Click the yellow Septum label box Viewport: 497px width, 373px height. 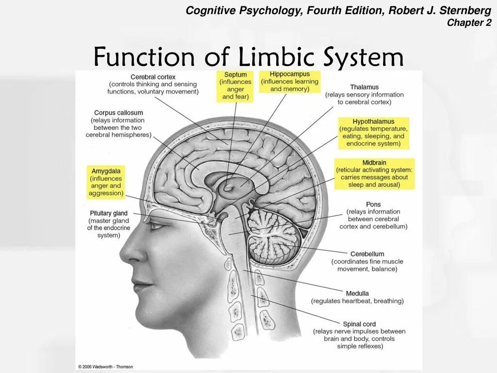(x=235, y=86)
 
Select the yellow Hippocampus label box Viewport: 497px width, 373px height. (x=290, y=82)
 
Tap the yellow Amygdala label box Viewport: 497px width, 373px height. (x=105, y=182)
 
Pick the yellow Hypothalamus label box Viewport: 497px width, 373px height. (x=374, y=133)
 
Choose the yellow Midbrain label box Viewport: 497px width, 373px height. (x=374, y=173)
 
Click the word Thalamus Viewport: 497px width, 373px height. (x=364, y=87)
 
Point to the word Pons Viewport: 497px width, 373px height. (x=374, y=204)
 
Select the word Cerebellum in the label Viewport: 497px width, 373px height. (x=367, y=254)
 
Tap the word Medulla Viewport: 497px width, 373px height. (x=358, y=293)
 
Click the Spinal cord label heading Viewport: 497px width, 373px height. (x=360, y=324)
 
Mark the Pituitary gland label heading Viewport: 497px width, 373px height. (x=109, y=213)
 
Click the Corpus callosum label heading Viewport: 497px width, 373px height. (x=118, y=113)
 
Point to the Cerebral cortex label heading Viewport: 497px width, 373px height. (x=153, y=77)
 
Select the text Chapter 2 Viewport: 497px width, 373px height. (x=469, y=23)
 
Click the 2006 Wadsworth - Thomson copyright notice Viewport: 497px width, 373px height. (x=105, y=367)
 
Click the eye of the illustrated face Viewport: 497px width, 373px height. (x=157, y=225)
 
